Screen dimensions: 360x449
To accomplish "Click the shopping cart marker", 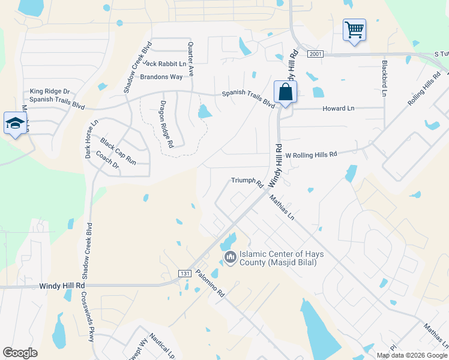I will pyautogui.click(x=354, y=29).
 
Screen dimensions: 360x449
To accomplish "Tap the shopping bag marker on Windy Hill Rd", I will pyautogui.click(x=285, y=92).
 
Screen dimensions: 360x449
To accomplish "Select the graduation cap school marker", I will pyautogui.click(x=14, y=124).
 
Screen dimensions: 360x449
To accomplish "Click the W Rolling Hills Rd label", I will pyautogui.click(x=311, y=154).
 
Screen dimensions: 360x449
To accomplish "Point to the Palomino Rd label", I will pyautogui.click(x=213, y=286).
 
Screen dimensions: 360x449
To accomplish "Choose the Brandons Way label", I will pyautogui.click(x=161, y=77).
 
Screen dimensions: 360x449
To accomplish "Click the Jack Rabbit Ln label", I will pyautogui.click(x=164, y=64).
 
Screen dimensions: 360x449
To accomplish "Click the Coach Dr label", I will pyautogui.click(x=108, y=163).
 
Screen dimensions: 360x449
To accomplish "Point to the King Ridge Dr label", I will pyautogui.click(x=50, y=91).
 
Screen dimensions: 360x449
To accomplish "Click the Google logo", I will pyautogui.click(x=20, y=353).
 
